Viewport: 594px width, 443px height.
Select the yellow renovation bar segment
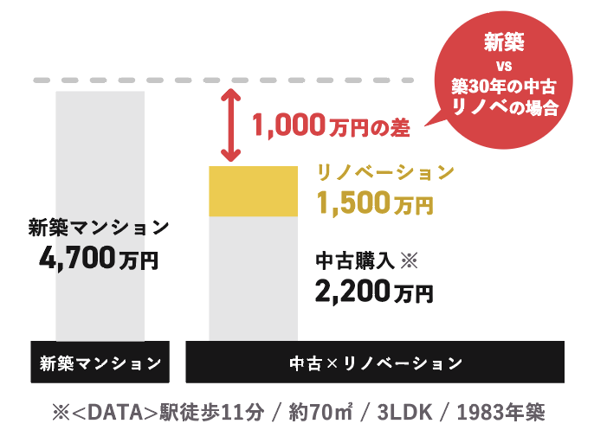coord(254,191)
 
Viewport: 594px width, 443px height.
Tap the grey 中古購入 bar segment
coord(254,277)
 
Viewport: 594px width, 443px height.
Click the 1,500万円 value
coord(374,203)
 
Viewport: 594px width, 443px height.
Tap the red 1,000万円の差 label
coord(330,126)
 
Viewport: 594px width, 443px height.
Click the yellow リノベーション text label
coord(385,172)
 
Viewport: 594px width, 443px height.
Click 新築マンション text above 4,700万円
coord(98,228)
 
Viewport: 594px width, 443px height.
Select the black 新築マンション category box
coord(100,362)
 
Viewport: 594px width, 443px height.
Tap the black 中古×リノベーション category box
coord(375,362)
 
